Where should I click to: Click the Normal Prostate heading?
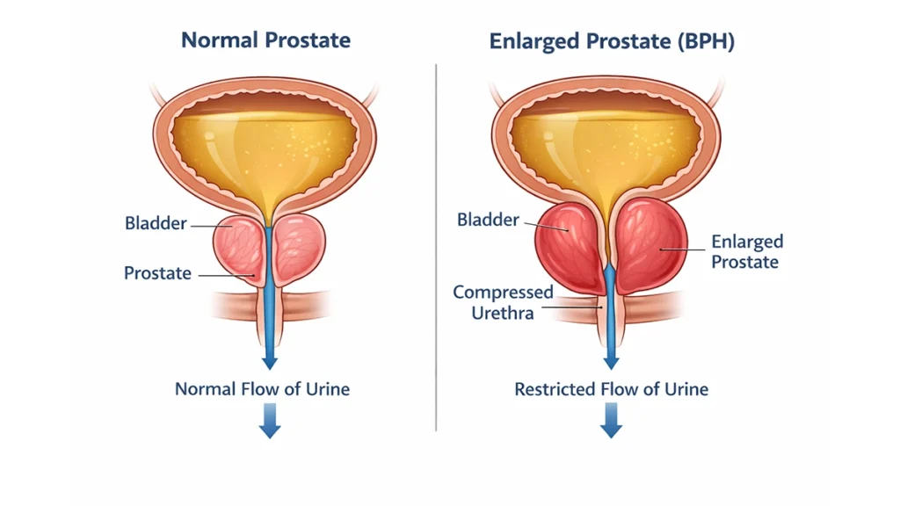pyautogui.click(x=265, y=40)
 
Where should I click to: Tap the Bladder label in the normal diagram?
pyautogui.click(x=156, y=224)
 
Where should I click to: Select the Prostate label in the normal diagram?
pyautogui.click(x=157, y=273)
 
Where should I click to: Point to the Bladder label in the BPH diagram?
pyautogui.click(x=489, y=220)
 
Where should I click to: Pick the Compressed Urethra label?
pyautogui.click(x=504, y=302)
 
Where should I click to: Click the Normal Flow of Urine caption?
pyautogui.click(x=262, y=388)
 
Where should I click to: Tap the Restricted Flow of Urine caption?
pyautogui.click(x=611, y=388)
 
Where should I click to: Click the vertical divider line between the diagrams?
pyautogui.click(x=437, y=246)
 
